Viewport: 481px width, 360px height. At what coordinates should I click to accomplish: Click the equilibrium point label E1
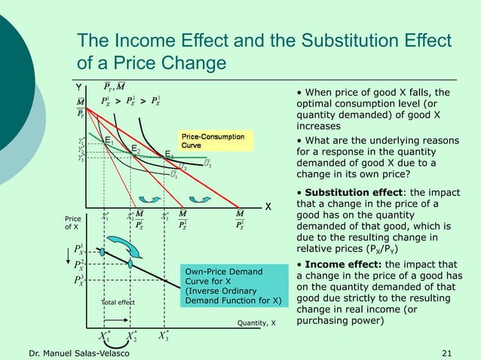point(109,140)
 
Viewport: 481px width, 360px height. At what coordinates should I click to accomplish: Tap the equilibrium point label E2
point(136,149)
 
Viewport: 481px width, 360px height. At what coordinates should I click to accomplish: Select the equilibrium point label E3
point(170,154)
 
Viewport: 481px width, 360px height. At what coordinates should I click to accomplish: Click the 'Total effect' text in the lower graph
point(118,303)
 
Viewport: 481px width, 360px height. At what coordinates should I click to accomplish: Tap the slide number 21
point(446,353)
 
